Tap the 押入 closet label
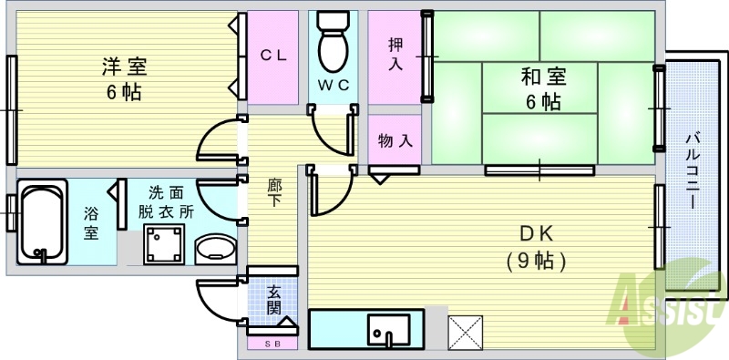[396, 54]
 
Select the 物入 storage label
[395, 141]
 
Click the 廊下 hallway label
[273, 191]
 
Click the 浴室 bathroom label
[91, 222]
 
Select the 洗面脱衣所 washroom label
[166, 201]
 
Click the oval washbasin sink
[215, 249]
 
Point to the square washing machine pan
[165, 245]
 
